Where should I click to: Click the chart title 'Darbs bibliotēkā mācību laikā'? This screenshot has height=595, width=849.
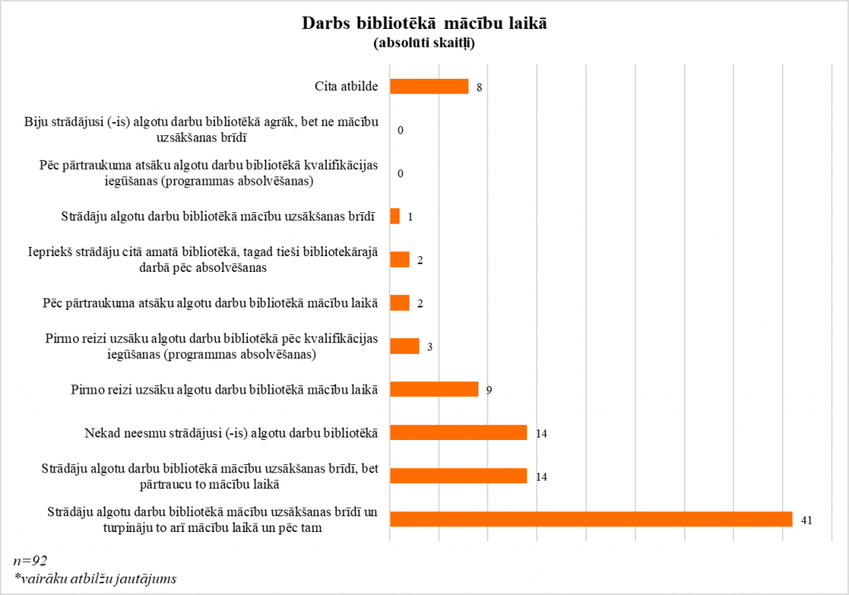(424, 24)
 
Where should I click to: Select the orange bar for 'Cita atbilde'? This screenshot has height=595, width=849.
(429, 86)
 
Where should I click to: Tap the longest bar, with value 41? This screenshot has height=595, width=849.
(590, 519)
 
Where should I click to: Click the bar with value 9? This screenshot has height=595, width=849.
(434, 389)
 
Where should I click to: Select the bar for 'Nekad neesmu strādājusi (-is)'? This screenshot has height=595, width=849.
(458, 433)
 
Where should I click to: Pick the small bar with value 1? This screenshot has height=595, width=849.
(395, 216)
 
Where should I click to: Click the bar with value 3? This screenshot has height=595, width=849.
(404, 346)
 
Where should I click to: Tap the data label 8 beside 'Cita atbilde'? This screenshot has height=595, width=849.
(479, 87)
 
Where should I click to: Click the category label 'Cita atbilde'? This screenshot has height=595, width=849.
(347, 86)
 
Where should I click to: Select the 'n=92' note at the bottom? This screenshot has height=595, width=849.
(31, 561)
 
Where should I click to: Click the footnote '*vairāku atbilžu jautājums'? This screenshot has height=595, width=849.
(95, 578)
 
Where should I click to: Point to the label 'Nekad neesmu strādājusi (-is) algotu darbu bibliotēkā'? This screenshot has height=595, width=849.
(231, 433)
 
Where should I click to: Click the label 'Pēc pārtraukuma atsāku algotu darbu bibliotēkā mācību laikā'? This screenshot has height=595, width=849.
(209, 302)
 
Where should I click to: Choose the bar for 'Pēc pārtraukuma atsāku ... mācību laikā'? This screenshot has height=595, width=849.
(399, 302)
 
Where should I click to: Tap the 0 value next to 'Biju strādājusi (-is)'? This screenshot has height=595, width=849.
(400, 130)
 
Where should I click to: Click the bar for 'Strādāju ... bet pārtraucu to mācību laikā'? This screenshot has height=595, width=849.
(458, 476)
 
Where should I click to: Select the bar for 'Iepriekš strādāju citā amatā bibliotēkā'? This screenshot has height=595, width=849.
(399, 259)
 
